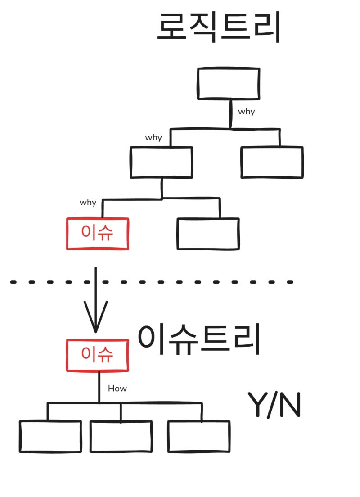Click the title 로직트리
coord(219,27)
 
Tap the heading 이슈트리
coord(199,339)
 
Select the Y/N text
coord(274,405)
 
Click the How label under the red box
coord(117,388)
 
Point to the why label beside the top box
coord(247,112)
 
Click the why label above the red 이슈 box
coord(88,203)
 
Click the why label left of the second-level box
coord(153,138)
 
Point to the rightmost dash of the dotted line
coord(290,282)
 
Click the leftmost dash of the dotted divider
coord(13,282)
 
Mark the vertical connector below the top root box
coord(230,114)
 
